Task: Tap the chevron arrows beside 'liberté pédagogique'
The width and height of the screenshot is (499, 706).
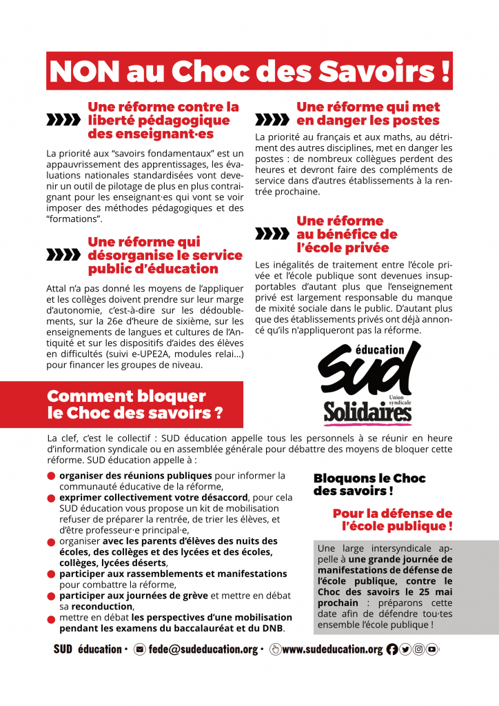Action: pyautogui.click(x=63, y=121)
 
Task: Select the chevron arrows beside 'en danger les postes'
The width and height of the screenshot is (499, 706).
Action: pyautogui.click(x=272, y=121)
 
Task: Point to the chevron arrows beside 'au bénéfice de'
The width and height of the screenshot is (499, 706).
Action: pyautogui.click(x=272, y=234)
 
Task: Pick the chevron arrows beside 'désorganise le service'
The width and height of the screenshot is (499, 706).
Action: pyautogui.click(x=63, y=255)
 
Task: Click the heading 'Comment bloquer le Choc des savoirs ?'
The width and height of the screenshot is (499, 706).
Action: pyautogui.click(x=134, y=405)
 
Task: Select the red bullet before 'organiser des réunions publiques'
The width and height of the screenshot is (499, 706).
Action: pyautogui.click(x=52, y=476)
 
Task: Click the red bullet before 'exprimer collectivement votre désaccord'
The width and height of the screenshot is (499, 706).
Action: pyautogui.click(x=52, y=497)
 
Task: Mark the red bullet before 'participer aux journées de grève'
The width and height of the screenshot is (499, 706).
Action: pyautogui.click(x=52, y=596)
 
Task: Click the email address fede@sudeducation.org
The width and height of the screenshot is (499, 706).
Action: pyautogui.click(x=203, y=649)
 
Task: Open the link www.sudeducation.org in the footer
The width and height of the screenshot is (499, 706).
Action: pyautogui.click(x=332, y=649)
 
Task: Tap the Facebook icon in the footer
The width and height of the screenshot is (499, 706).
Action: pyautogui.click(x=392, y=649)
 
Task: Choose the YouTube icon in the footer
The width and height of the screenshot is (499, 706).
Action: pyautogui.click(x=431, y=649)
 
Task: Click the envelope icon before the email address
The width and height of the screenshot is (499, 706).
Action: pyautogui.click(x=140, y=649)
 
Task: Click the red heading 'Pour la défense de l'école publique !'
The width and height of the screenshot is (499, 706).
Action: pyautogui.click(x=392, y=520)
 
